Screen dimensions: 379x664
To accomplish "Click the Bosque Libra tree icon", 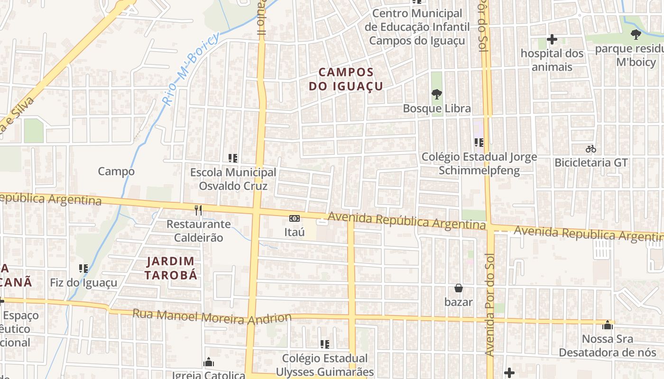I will [436, 94].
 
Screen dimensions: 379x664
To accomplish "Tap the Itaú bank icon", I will [295, 218].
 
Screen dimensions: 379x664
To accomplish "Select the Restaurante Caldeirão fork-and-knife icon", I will [198, 210].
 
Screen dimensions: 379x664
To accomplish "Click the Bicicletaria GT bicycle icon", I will [590, 149].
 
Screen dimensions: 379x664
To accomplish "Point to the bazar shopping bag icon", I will [459, 288].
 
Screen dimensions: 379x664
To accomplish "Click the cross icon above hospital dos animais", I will [552, 39].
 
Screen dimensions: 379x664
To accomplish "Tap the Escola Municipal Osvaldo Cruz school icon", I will [233, 158].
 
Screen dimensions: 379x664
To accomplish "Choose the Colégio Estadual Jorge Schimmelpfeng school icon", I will [479, 142].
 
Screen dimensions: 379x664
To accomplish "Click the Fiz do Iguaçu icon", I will [84, 269].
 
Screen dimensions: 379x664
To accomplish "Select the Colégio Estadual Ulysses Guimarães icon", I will [325, 344].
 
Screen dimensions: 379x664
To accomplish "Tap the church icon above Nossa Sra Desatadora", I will [608, 325].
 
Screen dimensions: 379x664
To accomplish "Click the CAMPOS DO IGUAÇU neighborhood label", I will [346, 79].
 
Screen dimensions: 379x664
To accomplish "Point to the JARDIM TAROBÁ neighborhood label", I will [171, 268].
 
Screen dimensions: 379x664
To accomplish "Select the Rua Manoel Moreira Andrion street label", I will [212, 316].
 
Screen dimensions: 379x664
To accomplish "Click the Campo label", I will [116, 171].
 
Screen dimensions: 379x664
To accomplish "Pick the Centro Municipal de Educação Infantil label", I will [417, 27].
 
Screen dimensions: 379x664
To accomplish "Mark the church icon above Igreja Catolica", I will [209, 362].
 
